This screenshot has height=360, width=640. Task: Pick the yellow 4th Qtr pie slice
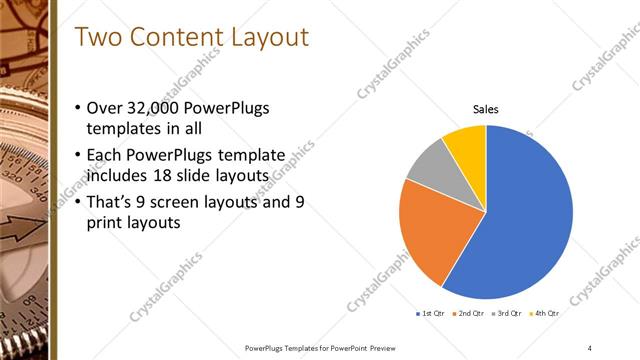point(466,142)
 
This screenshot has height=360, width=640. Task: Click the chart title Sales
point(486,110)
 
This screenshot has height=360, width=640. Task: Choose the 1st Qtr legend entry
point(432,314)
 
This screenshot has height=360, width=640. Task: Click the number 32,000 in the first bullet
point(160,109)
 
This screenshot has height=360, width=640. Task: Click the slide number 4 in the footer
point(590,347)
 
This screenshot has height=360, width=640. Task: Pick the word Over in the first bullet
point(109,109)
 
